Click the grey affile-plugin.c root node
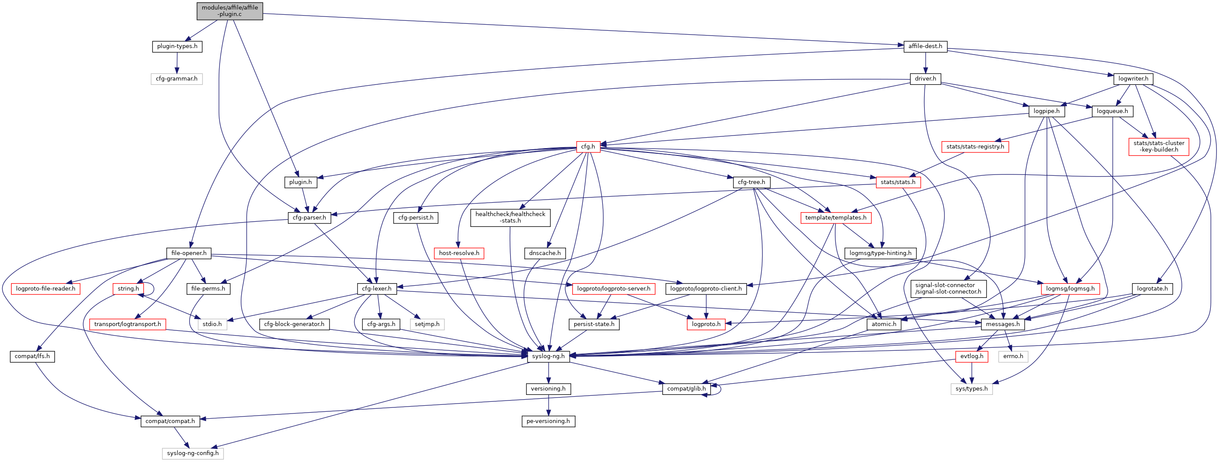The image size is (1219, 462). (230, 11)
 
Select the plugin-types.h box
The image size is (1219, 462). (177, 46)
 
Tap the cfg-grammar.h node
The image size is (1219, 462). (177, 78)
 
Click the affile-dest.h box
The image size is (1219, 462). (925, 46)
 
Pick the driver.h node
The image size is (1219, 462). (925, 78)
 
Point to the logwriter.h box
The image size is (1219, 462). (1133, 78)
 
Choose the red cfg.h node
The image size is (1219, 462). (588, 147)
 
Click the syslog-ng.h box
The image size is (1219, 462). (548, 356)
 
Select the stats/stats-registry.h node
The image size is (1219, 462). (975, 147)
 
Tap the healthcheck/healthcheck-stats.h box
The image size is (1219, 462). (510, 217)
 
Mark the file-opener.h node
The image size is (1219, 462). (189, 253)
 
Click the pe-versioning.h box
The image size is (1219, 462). (548, 421)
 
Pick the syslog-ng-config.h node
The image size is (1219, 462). (193, 453)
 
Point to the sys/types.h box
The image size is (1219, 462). (971, 389)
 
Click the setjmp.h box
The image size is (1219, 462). (427, 324)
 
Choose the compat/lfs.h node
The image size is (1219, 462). (32, 356)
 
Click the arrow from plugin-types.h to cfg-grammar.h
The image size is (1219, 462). (177, 62)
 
